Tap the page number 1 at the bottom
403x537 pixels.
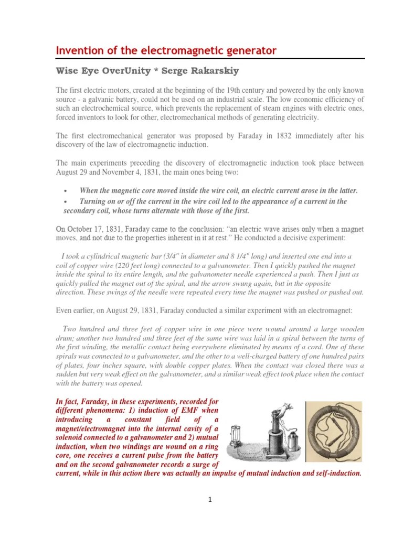(209, 500)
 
